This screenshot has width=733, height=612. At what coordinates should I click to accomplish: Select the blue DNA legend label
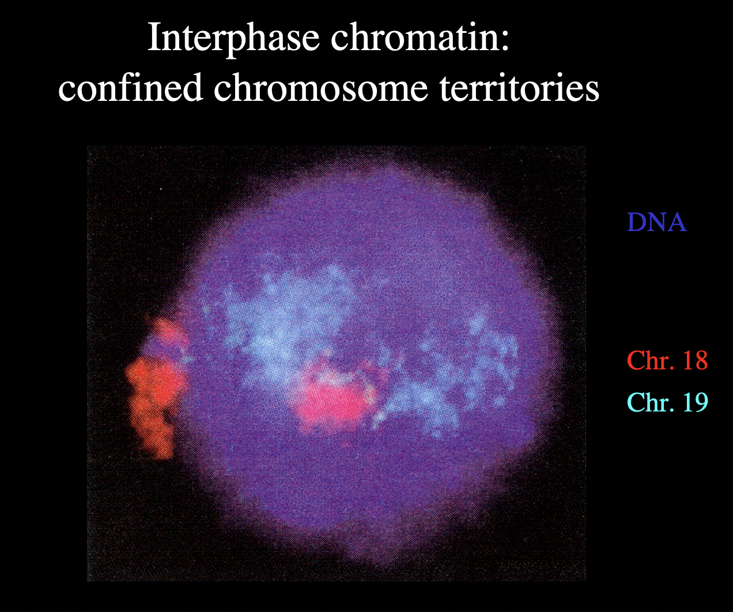[656, 222]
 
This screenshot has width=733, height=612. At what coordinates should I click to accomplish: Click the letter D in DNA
[636, 222]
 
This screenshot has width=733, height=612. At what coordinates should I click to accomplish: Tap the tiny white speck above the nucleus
[161, 188]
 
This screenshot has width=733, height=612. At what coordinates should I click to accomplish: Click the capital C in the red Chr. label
[635, 361]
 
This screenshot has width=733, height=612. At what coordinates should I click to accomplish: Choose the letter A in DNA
[677, 222]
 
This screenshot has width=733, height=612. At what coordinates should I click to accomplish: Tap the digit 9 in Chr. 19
[700, 402]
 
